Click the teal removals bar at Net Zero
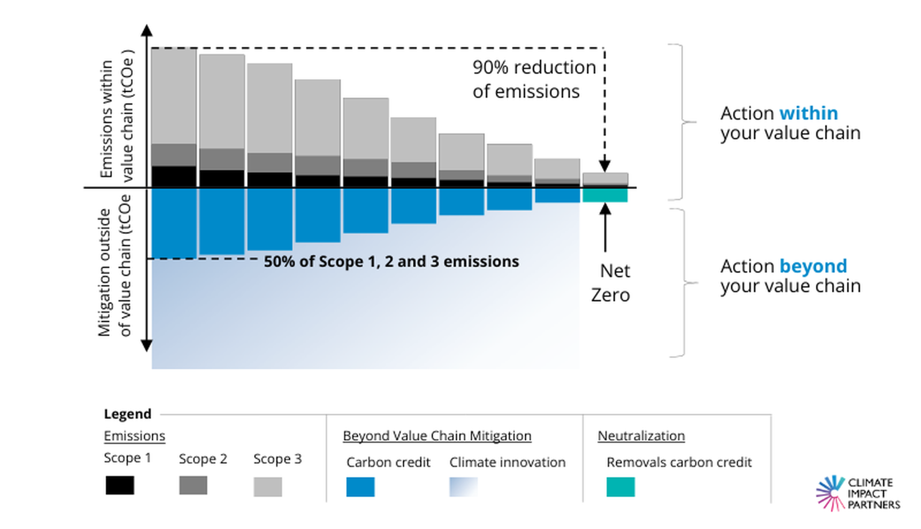605,195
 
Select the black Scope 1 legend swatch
120,485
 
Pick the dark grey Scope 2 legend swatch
193,485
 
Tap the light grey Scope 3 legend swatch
268,486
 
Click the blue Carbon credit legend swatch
360,486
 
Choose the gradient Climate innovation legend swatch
463,486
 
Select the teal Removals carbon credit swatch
621,486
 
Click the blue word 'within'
808,113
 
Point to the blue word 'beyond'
813,266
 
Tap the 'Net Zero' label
611,283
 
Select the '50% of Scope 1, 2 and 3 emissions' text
391,262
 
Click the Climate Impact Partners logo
858,493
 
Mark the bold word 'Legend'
127,414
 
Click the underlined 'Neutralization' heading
641,436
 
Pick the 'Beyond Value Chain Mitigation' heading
437,436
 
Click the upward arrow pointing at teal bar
605,227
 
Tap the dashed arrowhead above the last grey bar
604,167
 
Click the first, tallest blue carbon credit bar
174,223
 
